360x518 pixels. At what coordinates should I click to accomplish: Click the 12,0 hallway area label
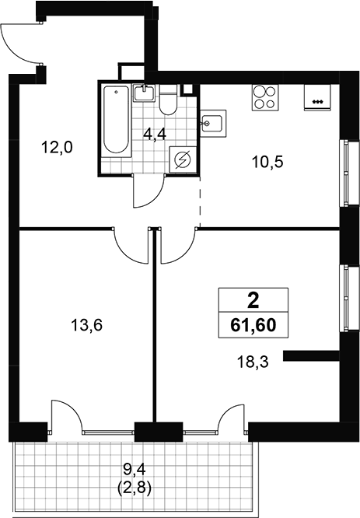coord(57,147)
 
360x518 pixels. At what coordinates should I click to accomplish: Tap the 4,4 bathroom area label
coord(155,135)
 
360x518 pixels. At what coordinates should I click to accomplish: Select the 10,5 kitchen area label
coord(267,163)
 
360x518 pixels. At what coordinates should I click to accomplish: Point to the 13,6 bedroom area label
coord(87,326)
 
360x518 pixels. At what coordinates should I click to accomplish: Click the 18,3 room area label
coord(253,362)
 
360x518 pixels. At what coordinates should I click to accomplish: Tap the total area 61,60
coord(253,325)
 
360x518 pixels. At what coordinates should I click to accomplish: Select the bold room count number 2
coord(253,301)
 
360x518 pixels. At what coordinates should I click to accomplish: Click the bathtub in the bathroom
coord(116,121)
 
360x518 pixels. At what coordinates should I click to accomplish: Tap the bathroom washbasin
coord(145,93)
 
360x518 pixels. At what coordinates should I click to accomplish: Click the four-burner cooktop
coord(265,97)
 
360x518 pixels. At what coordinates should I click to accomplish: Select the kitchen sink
coord(214,124)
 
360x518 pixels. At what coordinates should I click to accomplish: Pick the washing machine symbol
coord(183,160)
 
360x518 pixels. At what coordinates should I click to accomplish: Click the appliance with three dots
coord(317,97)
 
